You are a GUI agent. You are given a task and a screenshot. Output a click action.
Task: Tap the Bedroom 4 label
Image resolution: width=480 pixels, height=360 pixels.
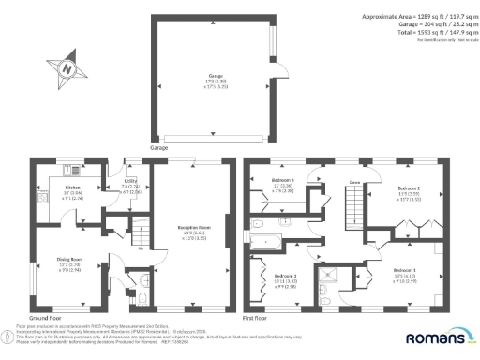tap(283, 182)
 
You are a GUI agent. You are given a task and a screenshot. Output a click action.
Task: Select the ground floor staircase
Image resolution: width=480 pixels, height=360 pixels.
tap(118, 225)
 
